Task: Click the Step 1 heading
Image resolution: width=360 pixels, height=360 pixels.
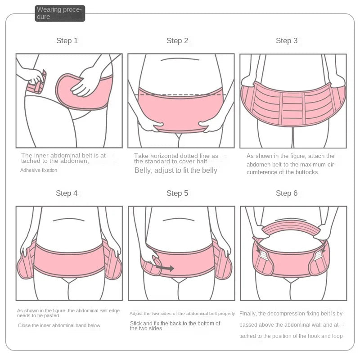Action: [x=67, y=40]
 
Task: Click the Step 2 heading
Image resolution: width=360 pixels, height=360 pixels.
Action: [x=177, y=40]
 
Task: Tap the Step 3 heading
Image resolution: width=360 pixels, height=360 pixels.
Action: [x=287, y=40]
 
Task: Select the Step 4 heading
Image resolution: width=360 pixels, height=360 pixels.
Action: [x=67, y=193]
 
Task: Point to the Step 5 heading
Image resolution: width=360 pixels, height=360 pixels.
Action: [x=177, y=193]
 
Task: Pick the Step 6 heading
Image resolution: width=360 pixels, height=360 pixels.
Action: [x=287, y=193]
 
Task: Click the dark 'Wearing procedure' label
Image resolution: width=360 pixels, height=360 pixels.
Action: [x=60, y=13]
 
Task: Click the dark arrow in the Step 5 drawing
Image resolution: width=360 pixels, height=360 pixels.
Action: [x=165, y=268]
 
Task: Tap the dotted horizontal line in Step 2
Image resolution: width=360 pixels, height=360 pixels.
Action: [x=180, y=94]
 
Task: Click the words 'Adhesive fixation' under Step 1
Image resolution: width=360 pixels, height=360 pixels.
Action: [x=39, y=171]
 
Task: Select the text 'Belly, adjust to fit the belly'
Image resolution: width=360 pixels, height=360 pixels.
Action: [x=176, y=171]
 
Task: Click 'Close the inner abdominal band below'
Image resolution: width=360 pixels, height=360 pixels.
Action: [x=59, y=325]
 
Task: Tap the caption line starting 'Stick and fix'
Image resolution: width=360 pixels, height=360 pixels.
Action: [x=175, y=324]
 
